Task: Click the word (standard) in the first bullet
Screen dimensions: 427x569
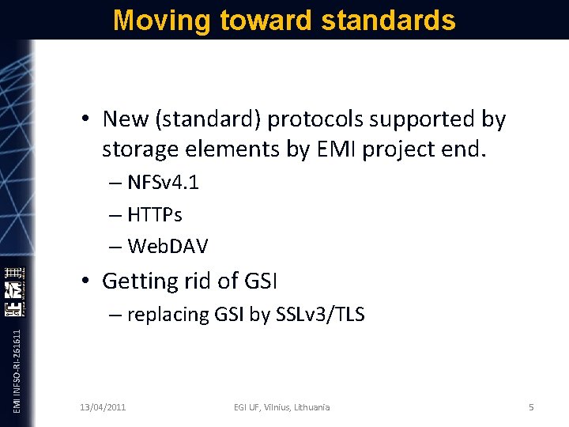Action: pos(212,120)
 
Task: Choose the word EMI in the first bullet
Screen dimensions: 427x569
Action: pos(340,149)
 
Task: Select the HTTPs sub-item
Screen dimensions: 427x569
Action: pos(155,214)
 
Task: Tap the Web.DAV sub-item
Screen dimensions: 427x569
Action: pos(167,246)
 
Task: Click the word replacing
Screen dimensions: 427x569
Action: pos(168,315)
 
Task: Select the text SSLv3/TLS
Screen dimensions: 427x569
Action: pos(319,315)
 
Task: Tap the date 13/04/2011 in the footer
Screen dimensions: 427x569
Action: pos(103,407)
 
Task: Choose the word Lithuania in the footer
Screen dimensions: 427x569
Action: pos(310,407)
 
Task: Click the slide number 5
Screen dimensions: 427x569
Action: pos(531,407)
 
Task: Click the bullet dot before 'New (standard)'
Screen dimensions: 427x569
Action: pos(84,120)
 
